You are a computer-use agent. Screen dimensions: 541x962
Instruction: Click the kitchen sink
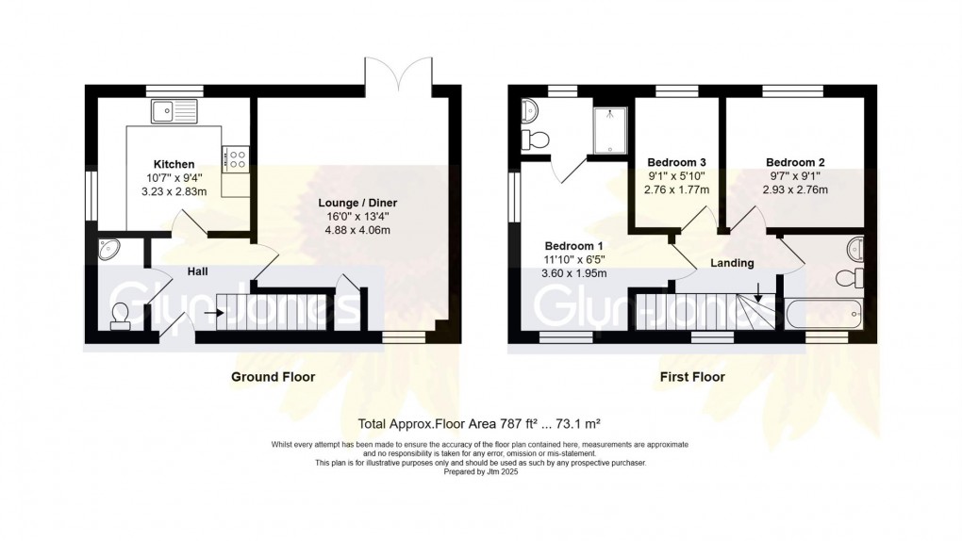point(173,111)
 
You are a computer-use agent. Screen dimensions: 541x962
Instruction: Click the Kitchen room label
point(174,164)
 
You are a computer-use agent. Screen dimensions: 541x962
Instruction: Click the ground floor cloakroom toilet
point(121,314)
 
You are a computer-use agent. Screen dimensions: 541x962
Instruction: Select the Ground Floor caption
point(274,377)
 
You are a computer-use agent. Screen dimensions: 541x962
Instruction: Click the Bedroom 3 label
point(676,161)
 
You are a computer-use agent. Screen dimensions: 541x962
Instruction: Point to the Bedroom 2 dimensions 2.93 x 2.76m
point(794,189)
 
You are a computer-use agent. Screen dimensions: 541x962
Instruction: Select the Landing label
point(732,263)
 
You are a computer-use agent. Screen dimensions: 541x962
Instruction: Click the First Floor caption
point(692,377)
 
